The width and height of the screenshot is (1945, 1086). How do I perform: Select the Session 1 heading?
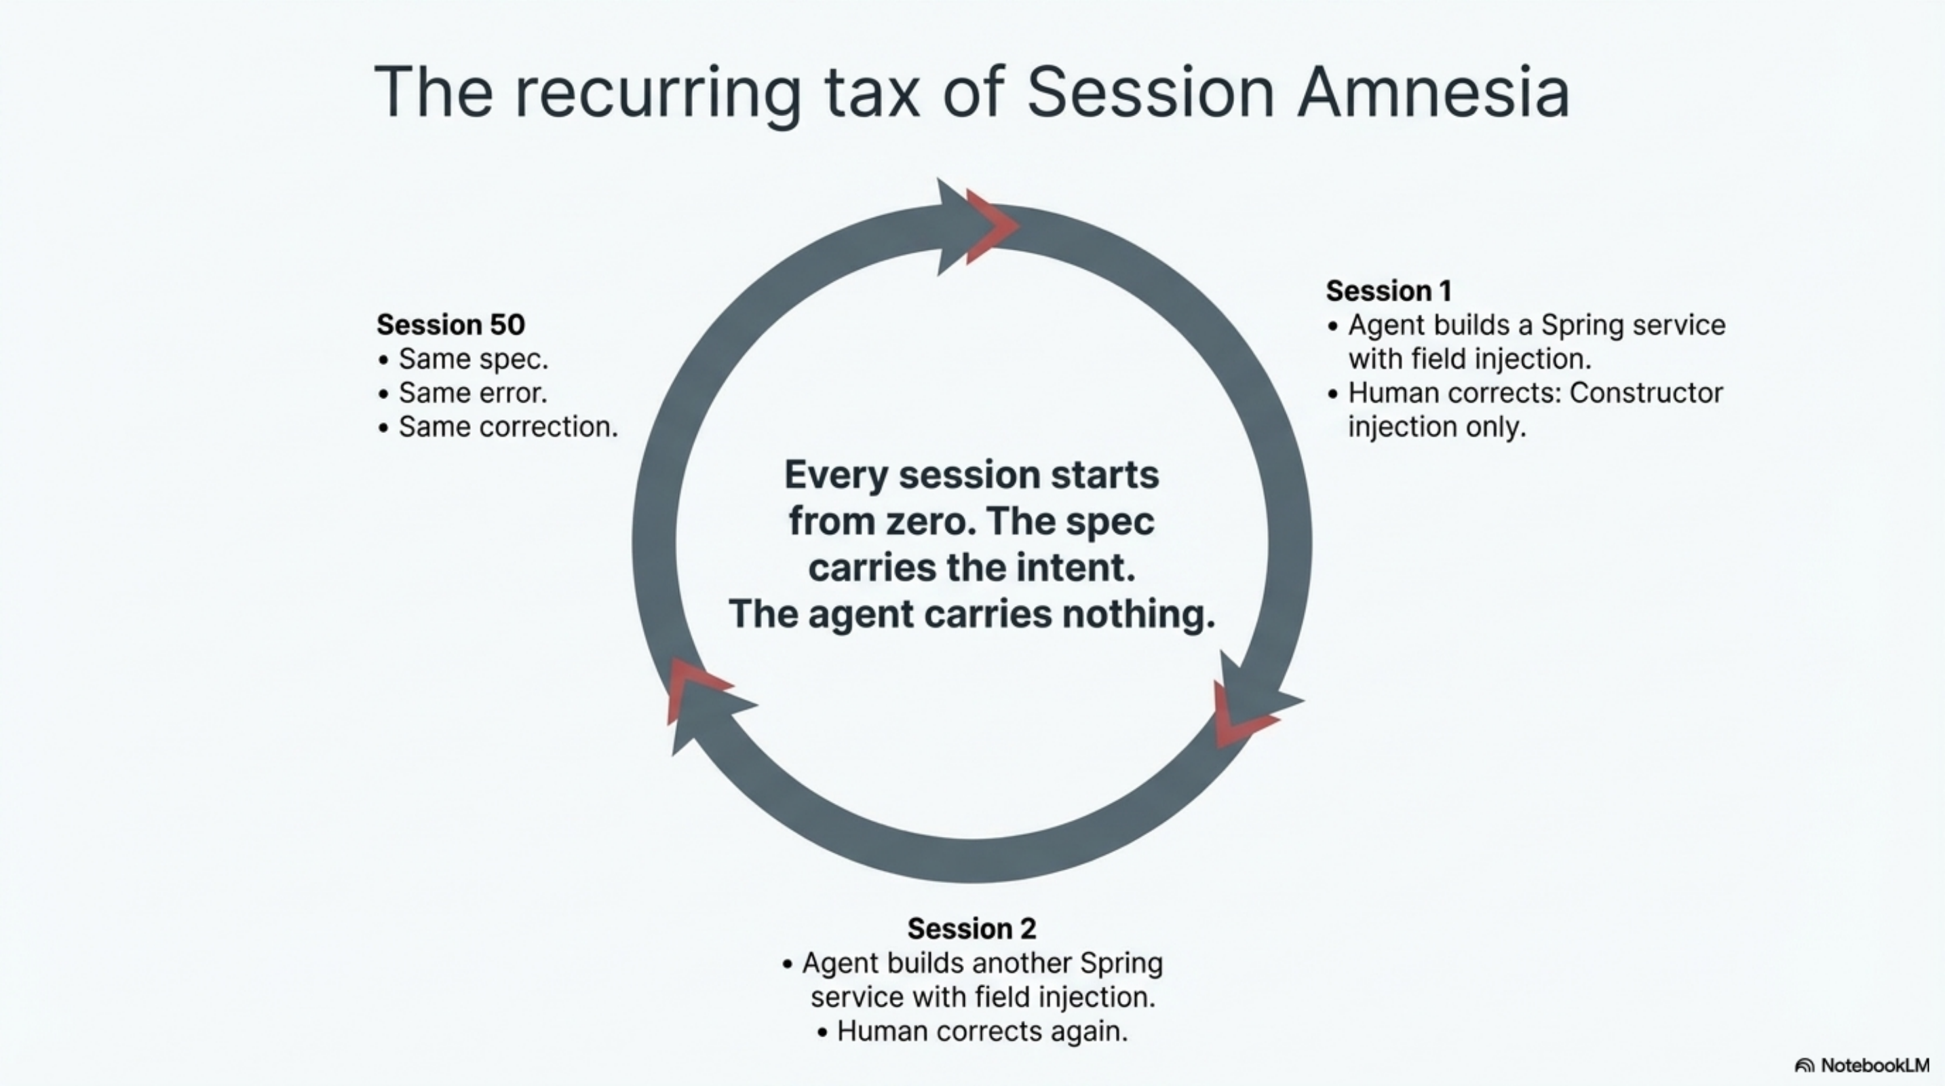point(1388,291)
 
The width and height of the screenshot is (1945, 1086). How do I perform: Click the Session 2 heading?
point(971,928)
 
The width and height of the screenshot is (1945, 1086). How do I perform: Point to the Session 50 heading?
point(450,324)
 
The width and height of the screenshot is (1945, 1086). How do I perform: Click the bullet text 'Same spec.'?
point(473,360)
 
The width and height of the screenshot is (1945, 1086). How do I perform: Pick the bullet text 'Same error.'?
point(473,394)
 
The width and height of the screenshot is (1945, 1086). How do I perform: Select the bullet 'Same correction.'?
point(507,428)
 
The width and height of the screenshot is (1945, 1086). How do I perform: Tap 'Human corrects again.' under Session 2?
point(982,1032)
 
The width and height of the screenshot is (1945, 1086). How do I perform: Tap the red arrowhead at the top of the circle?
point(990,226)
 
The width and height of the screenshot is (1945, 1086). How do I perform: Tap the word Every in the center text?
point(836,475)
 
